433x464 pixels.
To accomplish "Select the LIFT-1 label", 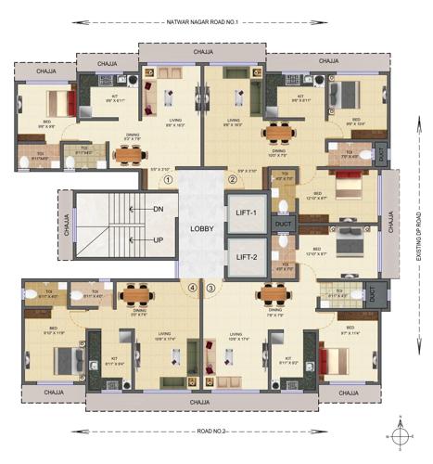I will [x=246, y=213].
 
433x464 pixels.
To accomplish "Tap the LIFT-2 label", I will [x=246, y=257].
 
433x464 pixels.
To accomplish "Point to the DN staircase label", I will [x=159, y=209].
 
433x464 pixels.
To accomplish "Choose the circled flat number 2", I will [x=233, y=180].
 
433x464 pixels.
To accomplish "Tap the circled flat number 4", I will [x=192, y=288].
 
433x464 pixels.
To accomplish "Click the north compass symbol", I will [x=399, y=433].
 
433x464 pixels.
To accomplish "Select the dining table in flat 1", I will [x=122, y=155].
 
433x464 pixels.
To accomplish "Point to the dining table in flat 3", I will [x=274, y=294].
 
